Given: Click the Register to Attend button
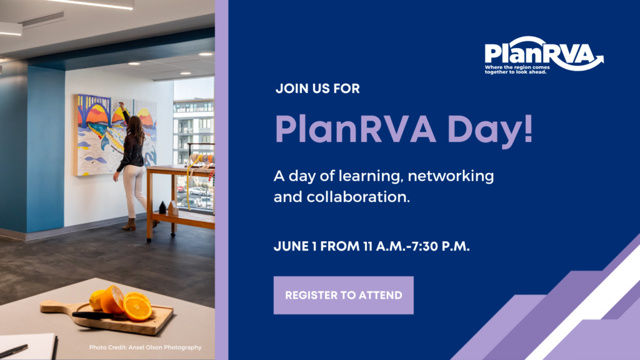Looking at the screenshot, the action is pyautogui.click(x=343, y=295).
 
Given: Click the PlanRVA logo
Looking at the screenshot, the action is pyautogui.click(x=544, y=55).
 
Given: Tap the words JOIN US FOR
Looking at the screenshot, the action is pyautogui.click(x=317, y=89).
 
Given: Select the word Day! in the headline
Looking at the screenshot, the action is pyautogui.click(x=490, y=130).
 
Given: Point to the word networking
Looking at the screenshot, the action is pyautogui.click(x=451, y=177).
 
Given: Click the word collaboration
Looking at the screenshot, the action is pyautogui.click(x=358, y=197).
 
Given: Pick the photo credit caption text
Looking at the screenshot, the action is pyautogui.click(x=145, y=347).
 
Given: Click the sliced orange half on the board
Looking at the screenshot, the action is pyautogui.click(x=137, y=307).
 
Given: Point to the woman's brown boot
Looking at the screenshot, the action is pyautogui.click(x=129, y=224).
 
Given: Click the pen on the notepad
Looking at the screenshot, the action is pyautogui.click(x=14, y=351).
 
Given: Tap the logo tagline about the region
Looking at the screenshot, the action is pyautogui.click(x=517, y=70).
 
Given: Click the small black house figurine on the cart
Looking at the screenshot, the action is pyautogui.click(x=162, y=207).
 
